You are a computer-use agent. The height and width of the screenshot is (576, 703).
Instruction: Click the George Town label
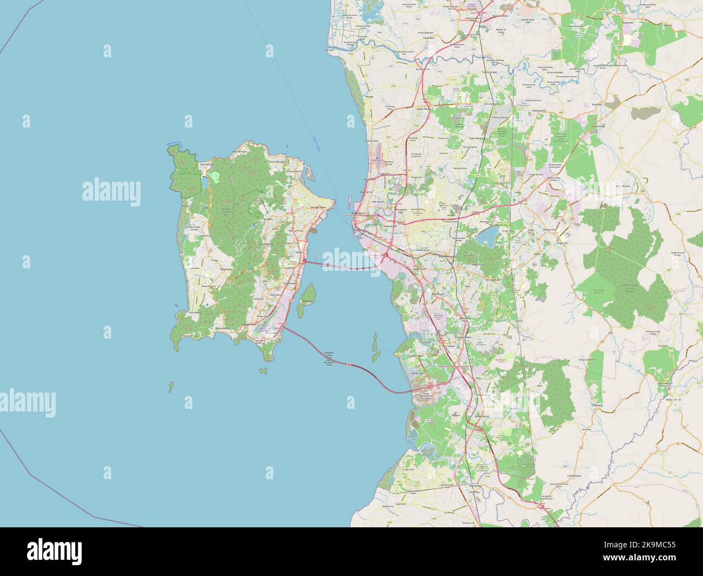(319, 207)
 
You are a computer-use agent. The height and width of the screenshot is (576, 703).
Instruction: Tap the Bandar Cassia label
(419, 373)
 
